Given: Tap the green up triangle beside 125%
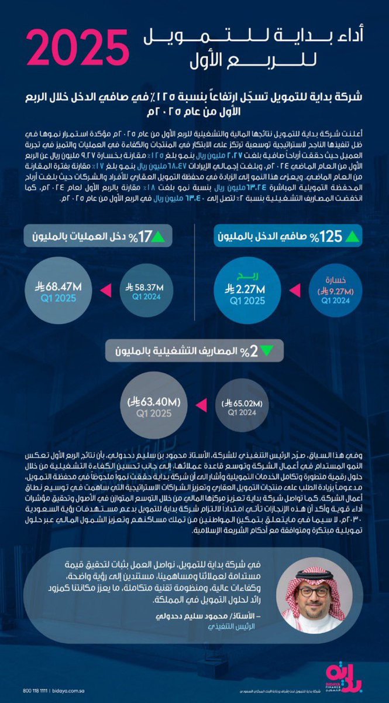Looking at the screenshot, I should point(354,238).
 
